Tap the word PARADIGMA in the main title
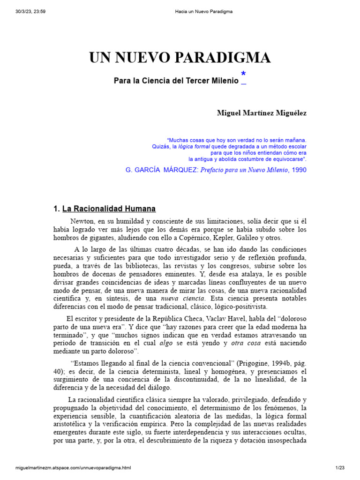(x=227, y=58)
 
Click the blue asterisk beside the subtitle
(x=243, y=74)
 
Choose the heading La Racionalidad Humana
(x=109, y=209)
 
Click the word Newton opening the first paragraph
(x=82, y=221)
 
